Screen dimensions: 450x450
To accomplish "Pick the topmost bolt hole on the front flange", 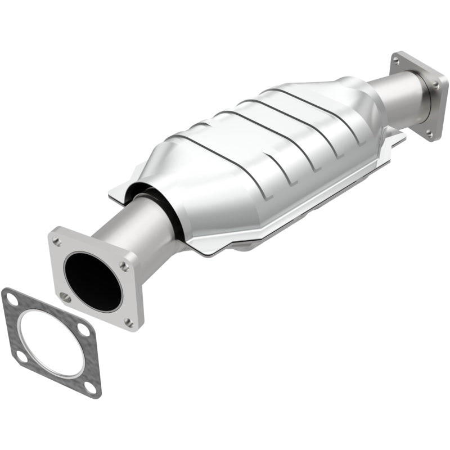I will coord(57,241).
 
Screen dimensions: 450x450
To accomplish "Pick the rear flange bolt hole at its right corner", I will coord(436,84).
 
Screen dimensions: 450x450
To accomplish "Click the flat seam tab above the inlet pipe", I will coord(127,188).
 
